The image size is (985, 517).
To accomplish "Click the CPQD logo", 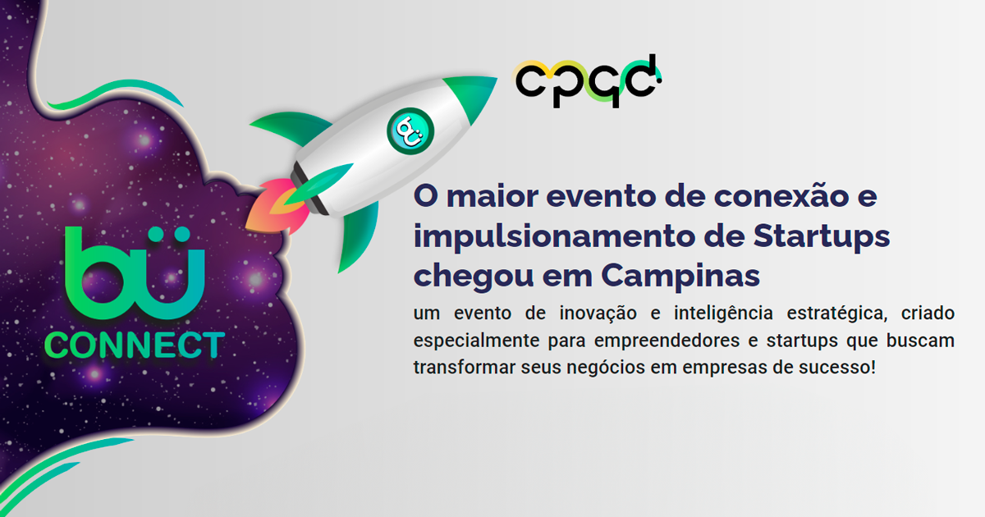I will (x=587, y=80).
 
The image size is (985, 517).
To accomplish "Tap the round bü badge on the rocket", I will (x=409, y=130).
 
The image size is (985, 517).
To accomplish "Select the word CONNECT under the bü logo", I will (x=134, y=345).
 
